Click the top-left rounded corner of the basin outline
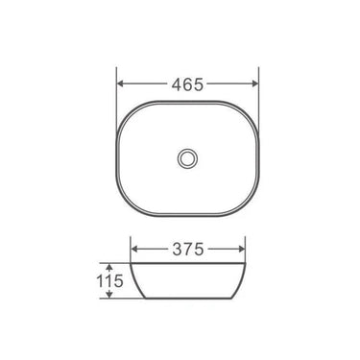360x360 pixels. tap(129, 108)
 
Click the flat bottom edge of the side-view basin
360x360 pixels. tap(188, 299)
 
